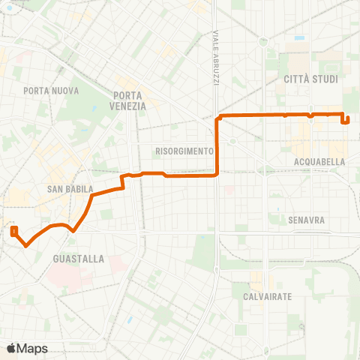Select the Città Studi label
[311, 79]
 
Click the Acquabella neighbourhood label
[320, 161]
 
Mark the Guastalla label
[79, 259]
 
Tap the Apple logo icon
[12, 348]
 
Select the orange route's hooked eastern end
[345, 118]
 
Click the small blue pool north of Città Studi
[300, 37]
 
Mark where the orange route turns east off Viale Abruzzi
[218, 117]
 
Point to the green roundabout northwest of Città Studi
[263, 42]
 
